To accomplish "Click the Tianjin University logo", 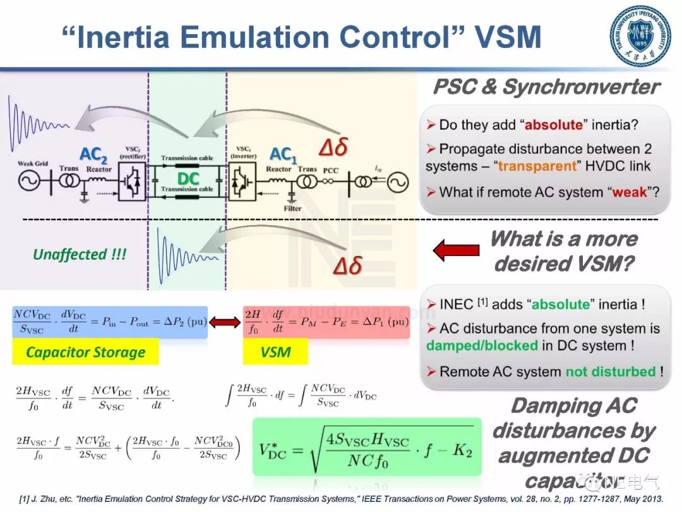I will (640, 35).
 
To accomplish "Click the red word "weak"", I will (629, 192).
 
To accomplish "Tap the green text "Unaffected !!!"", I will (80, 254).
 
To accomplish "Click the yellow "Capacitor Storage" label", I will (85, 353).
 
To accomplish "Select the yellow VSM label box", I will (275, 353).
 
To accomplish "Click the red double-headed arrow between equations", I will (225, 322).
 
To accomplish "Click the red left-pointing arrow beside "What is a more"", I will (455, 251).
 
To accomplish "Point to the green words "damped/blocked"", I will (482, 346).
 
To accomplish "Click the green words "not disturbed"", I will (610, 371).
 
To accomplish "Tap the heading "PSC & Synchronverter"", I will (546, 87).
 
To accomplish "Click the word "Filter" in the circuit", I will (292, 208).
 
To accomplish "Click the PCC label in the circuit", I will (331, 170).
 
